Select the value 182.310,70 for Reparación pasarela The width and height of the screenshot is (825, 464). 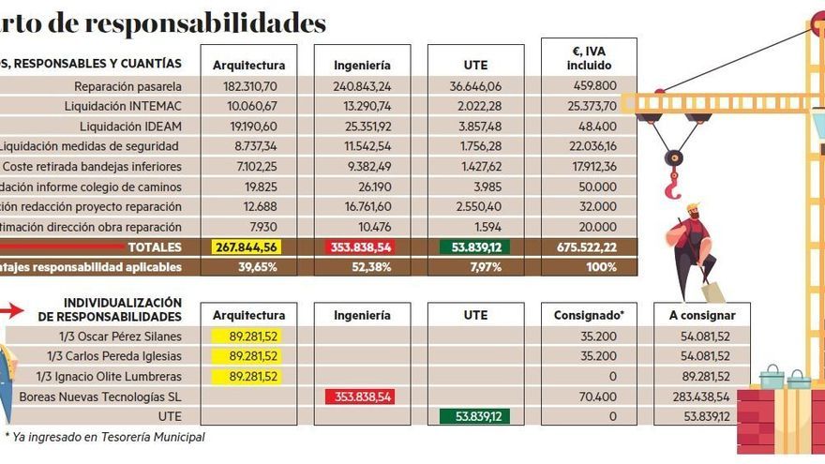pyautogui.click(x=248, y=86)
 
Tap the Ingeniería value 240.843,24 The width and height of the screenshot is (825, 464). pyautogui.click(x=361, y=86)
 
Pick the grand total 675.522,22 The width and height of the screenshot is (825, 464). pyautogui.click(x=588, y=247)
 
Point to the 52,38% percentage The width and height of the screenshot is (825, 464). pyautogui.click(x=362, y=267)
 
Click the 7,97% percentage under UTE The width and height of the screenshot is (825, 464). pyautogui.click(x=474, y=267)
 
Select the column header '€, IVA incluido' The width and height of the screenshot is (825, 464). pyautogui.click(x=588, y=59)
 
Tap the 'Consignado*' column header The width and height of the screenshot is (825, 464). pyautogui.click(x=588, y=316)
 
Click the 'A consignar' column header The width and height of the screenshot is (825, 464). pyautogui.click(x=702, y=316)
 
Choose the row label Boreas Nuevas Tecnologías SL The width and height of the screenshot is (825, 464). pyautogui.click(x=100, y=397)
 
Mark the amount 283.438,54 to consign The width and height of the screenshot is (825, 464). pyautogui.click(x=702, y=397)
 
